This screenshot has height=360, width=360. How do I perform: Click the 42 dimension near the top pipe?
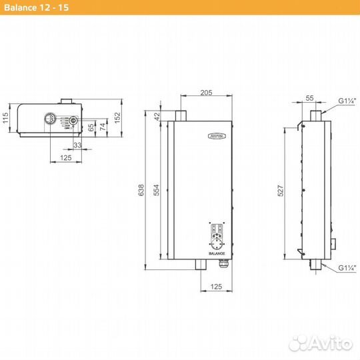[157, 115]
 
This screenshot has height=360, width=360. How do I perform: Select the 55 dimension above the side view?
[309, 97]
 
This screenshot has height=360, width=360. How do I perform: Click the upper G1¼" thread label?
[347, 101]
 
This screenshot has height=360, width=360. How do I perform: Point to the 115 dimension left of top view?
[5, 119]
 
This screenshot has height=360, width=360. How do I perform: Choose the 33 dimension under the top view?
[77, 145]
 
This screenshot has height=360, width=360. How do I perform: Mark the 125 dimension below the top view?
[66, 158]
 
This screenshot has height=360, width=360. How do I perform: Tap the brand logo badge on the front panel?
[213, 136]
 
